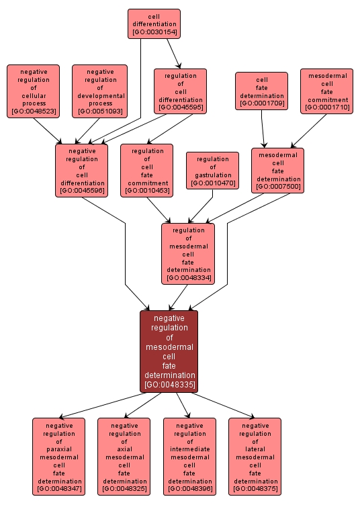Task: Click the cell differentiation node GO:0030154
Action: pyautogui.click(x=154, y=24)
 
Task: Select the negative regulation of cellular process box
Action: pyautogui.click(x=34, y=91)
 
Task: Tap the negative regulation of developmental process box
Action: pyautogui.click(x=99, y=91)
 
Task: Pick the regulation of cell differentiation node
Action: pyautogui.click(x=180, y=91)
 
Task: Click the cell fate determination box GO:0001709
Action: pyautogui.click(x=261, y=91)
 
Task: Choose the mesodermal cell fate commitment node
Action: pyautogui.click(x=326, y=91)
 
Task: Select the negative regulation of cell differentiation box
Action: pyautogui.click(x=81, y=171)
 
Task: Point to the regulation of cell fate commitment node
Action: pyautogui.click(x=146, y=171)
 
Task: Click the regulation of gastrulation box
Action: pyautogui.click(x=212, y=171)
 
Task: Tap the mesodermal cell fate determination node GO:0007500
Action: pyautogui.click(x=277, y=170)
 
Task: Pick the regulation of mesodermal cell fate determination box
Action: pyautogui.click(x=188, y=253)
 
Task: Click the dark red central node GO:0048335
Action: pyautogui.click(x=169, y=351)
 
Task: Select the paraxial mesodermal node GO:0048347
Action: pyautogui.click(x=59, y=457)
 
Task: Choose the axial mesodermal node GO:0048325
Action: pyautogui.click(x=124, y=457)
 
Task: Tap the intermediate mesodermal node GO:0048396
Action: pyautogui.click(x=189, y=457)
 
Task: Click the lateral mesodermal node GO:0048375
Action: pyautogui.click(x=255, y=457)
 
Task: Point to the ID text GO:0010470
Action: pyautogui.click(x=212, y=183)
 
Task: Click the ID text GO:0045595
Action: pyautogui.click(x=180, y=107)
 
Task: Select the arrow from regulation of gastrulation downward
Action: pyautogui.click(x=202, y=206)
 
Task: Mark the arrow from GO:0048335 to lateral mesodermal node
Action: pyautogui.click(x=222, y=405)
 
